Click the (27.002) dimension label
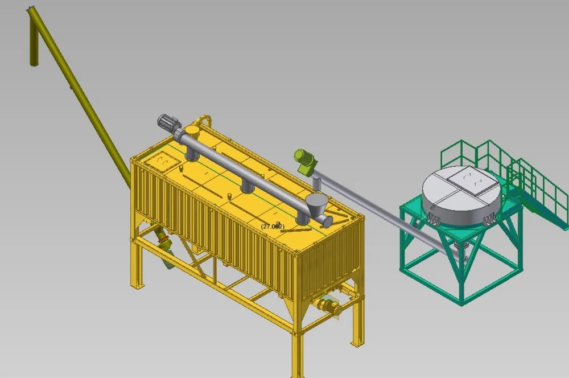click(x=273, y=226)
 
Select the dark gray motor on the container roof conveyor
click(x=168, y=122)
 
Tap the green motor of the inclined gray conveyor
click(x=304, y=159)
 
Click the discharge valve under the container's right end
click(x=329, y=307)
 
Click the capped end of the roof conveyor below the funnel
click(x=326, y=220)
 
